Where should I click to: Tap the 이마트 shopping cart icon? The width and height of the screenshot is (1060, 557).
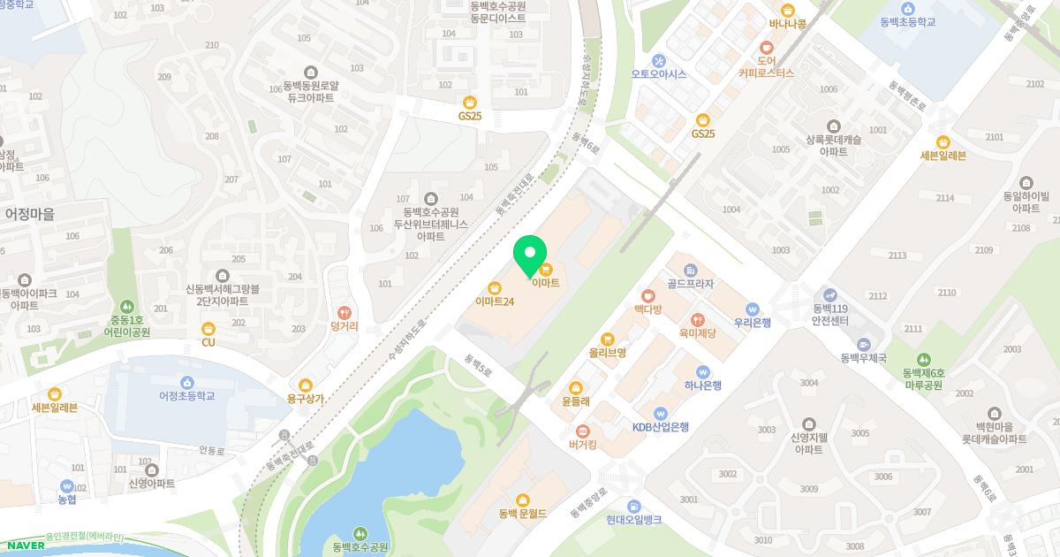(546, 269)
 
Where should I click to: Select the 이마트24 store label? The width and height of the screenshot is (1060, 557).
(495, 301)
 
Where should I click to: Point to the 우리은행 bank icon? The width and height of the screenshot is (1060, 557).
(752, 309)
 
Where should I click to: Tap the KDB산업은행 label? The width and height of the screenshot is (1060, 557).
(661, 426)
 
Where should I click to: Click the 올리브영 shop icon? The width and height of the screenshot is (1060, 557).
(608, 339)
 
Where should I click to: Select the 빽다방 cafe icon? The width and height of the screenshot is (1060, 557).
(647, 295)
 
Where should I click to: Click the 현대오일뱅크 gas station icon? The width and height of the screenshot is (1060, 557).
(633, 507)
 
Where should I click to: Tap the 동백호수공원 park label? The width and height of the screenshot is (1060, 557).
(360, 547)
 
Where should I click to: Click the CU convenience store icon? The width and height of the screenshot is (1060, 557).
(208, 329)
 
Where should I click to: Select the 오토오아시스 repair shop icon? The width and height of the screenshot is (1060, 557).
(659, 60)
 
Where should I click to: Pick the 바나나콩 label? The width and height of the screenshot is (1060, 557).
(787, 24)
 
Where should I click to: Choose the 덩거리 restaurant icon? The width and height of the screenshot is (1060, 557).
(344, 312)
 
